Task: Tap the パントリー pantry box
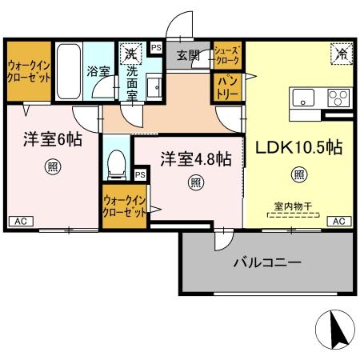pos(224,86)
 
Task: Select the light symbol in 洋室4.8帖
pos(195,182)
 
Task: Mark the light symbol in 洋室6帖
pos(50,167)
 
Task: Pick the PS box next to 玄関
pos(156,47)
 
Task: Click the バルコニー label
pos(266,262)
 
